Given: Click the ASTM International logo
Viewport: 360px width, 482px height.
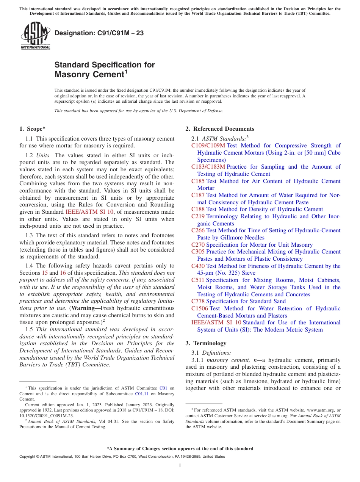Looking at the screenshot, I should [35, 36].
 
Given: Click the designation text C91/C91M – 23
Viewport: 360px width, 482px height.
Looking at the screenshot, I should [99, 33].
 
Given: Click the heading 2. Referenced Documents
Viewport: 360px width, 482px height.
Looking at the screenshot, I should [220, 129].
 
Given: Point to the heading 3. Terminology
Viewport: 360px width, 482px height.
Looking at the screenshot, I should [206, 343].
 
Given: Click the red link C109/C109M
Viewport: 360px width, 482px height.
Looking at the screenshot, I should [208, 146].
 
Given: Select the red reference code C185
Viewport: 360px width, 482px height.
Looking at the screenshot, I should [198, 181].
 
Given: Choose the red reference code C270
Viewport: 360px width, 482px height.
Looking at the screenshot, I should [198, 245].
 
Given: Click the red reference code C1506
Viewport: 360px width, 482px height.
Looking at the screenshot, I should [199, 308].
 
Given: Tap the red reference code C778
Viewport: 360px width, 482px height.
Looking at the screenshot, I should [198, 301].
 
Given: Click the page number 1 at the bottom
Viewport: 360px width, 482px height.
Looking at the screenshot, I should [180, 465].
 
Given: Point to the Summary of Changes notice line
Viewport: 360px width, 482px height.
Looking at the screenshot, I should [180, 449].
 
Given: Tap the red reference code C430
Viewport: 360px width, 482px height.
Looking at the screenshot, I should [198, 266].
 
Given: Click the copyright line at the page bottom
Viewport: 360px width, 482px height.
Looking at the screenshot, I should [122, 457].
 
